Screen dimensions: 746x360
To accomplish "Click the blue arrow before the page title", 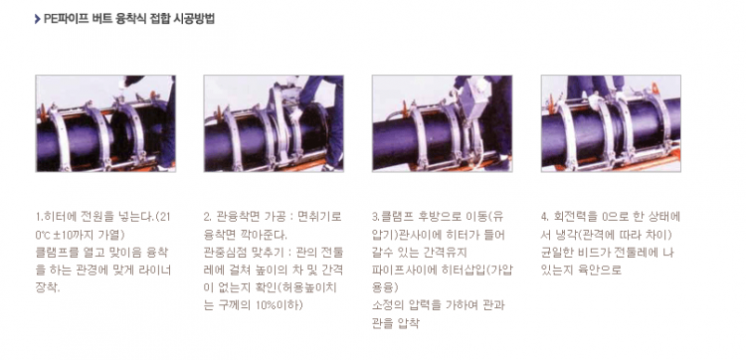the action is coord(37,20).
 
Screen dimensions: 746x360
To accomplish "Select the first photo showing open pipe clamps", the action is coord(105,123).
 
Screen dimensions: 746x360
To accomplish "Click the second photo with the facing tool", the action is coord(274,123).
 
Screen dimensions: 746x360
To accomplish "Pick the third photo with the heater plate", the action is coord(442,123).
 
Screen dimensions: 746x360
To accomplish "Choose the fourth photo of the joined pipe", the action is coord(611,123).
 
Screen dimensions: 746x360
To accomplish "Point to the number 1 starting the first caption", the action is coord(38,217).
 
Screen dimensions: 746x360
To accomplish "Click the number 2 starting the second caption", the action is coord(207,217).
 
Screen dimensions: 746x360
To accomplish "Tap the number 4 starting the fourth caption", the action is coord(544,217).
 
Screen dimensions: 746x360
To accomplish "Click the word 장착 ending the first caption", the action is coord(47,287).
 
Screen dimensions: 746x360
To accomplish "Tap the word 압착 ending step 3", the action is coord(408,323).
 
